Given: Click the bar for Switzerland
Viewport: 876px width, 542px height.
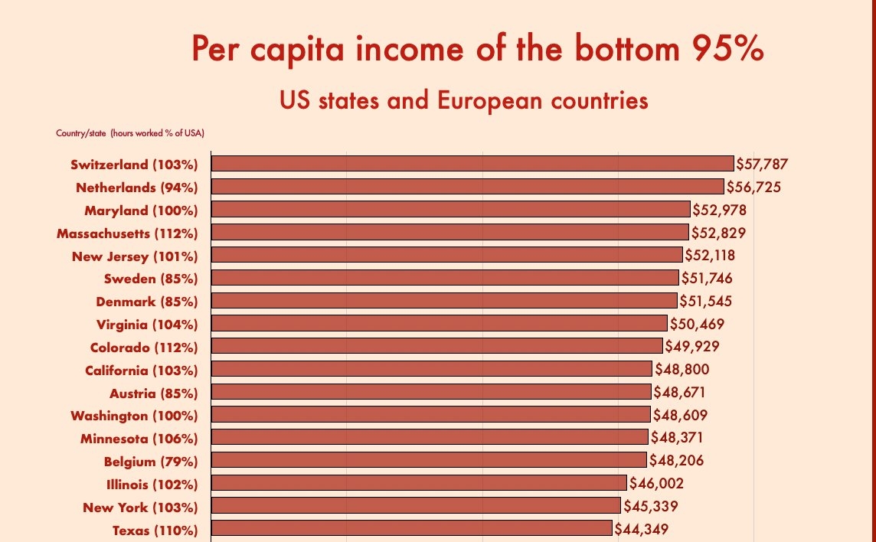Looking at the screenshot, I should (472, 163).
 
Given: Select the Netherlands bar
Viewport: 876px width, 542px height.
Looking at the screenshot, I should (467, 186).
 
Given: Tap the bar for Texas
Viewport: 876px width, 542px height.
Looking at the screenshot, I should (412, 528).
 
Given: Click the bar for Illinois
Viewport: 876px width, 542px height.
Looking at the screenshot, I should (419, 482).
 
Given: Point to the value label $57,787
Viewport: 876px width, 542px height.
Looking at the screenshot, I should (762, 164).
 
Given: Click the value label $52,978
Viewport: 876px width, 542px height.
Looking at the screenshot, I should (719, 210).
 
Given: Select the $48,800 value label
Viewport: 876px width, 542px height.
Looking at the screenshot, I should (682, 370).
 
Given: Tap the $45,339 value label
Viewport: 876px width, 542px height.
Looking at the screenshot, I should (650, 506).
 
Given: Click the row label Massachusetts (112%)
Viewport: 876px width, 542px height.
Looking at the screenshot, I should (128, 233).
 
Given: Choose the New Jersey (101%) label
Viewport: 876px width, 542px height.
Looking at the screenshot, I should (135, 256).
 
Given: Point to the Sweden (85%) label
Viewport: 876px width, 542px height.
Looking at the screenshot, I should (151, 279).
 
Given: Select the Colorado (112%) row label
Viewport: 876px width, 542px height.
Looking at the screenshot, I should (144, 347).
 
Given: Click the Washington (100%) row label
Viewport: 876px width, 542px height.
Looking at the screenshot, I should (134, 416).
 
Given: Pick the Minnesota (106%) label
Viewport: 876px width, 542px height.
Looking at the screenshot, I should (139, 439).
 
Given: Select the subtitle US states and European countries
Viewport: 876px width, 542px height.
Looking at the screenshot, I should (463, 101).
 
